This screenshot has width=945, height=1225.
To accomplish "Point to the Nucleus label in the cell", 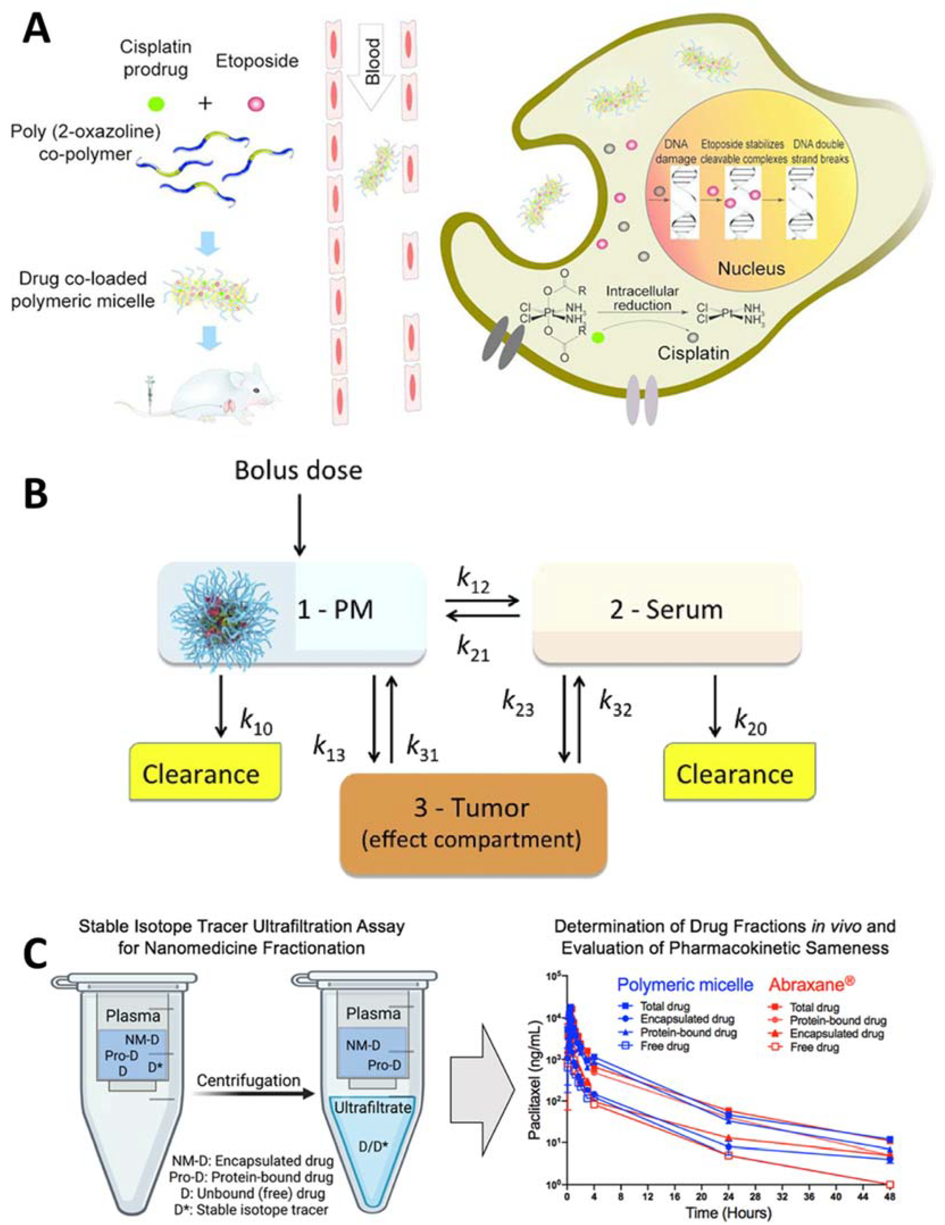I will click(x=751, y=268).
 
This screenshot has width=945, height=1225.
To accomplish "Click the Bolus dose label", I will click(x=298, y=470).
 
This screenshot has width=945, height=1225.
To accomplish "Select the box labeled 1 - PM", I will click(x=292, y=613).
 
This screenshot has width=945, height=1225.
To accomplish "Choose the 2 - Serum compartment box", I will click(x=666, y=613).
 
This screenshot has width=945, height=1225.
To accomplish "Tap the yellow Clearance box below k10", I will click(x=204, y=774).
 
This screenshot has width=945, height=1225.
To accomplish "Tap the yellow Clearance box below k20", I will click(x=739, y=774).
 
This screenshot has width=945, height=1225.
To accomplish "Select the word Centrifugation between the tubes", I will click(x=248, y=1080).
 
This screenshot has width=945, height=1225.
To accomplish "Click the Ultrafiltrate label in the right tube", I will click(x=373, y=1108).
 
